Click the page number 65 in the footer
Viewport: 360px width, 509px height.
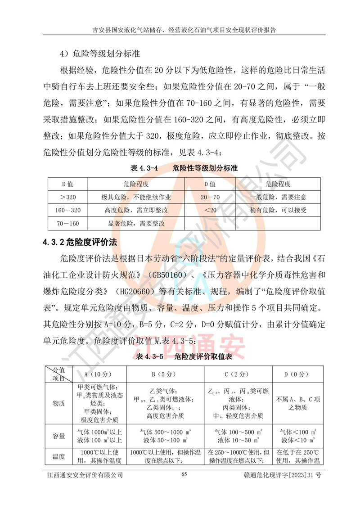click(x=184, y=474)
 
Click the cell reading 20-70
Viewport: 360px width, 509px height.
click(x=210, y=197)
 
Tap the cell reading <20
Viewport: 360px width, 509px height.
click(x=210, y=210)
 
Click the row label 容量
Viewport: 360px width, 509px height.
click(x=58, y=436)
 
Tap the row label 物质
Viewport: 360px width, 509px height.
click(x=58, y=403)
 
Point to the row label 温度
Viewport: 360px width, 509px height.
click(x=58, y=456)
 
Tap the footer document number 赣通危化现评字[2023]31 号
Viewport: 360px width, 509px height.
click(x=281, y=475)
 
